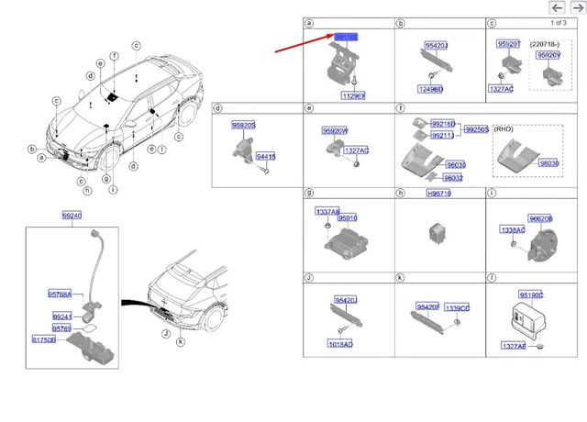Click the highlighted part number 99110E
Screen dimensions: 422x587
346,36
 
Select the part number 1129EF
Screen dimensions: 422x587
353,95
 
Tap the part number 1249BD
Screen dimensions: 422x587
431,89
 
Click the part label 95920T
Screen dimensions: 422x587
508,44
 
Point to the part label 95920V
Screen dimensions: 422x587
549,55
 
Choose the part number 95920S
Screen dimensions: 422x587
244,125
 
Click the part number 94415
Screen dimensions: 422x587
265,157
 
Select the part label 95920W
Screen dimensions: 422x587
334,131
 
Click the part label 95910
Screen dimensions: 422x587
347,218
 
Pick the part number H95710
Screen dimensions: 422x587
439,194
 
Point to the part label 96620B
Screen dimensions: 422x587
540,218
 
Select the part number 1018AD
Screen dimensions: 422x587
340,344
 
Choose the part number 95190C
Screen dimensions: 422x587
531,295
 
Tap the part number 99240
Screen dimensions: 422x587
72,215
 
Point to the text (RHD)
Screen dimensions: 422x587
504,129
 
